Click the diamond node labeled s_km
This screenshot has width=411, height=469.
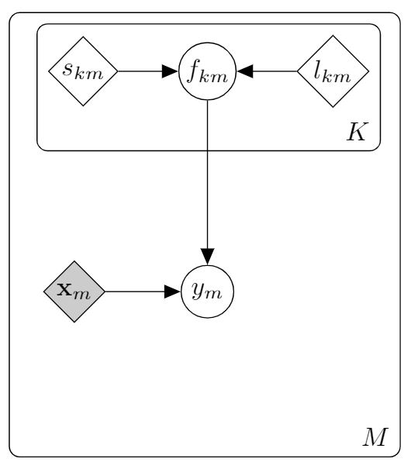tap(83, 71)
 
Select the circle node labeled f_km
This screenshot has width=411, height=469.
tap(207, 71)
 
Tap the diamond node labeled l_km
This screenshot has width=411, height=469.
tap(333, 71)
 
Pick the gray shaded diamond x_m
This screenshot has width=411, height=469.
tap(74, 291)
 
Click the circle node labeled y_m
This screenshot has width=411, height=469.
tap(207, 291)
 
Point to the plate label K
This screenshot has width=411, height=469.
tap(356, 132)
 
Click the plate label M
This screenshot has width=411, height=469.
tap(375, 437)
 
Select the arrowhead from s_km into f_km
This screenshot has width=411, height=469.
tap(170, 71)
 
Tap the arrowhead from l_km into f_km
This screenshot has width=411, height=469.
tap(245, 71)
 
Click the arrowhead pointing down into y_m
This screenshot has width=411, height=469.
tap(207, 257)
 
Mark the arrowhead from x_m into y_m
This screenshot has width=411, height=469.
tap(173, 291)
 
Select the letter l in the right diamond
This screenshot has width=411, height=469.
tap(317, 71)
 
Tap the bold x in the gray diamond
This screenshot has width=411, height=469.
tap(64, 289)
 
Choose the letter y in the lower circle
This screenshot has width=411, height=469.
tap(199, 291)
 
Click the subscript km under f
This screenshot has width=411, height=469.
tap(214, 76)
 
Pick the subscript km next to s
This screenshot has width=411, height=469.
tap(89, 74)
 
